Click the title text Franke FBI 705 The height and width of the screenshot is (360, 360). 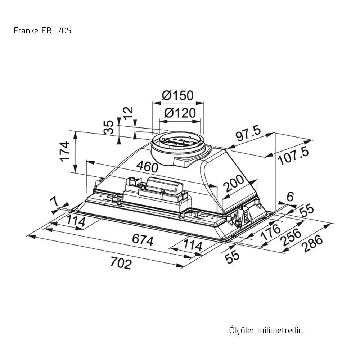(42, 31)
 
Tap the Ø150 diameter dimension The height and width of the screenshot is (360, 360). (177, 95)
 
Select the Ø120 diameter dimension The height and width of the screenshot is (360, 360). (180, 113)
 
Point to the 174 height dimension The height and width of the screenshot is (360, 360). (65, 152)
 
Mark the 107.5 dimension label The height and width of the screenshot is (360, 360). (293, 157)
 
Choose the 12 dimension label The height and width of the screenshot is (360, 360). (128, 113)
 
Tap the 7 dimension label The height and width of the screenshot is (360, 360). (55, 202)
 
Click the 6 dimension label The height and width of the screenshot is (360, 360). (291, 196)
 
